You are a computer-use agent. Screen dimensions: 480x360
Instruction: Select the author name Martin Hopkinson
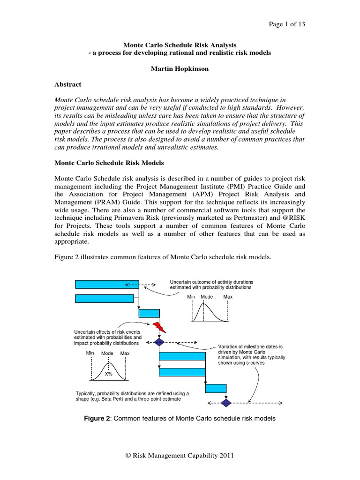tap(180, 69)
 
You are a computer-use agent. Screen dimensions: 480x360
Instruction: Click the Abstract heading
tap(68, 84)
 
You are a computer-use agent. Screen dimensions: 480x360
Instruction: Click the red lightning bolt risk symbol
tap(159, 327)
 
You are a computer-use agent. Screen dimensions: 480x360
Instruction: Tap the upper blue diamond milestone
tap(159, 343)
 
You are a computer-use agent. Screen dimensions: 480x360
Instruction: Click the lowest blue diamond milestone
tap(226, 403)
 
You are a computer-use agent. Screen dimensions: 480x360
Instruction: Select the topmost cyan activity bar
tap(107, 284)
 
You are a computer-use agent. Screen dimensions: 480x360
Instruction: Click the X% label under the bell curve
tap(109, 374)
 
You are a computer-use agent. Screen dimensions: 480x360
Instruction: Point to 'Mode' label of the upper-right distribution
tap(207, 297)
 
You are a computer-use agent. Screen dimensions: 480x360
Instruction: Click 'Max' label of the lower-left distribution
tap(125, 353)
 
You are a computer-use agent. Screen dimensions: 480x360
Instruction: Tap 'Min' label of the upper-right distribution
tap(191, 297)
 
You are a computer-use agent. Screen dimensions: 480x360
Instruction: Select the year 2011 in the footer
tap(225, 456)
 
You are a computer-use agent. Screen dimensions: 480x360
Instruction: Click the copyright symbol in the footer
tap(128, 456)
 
